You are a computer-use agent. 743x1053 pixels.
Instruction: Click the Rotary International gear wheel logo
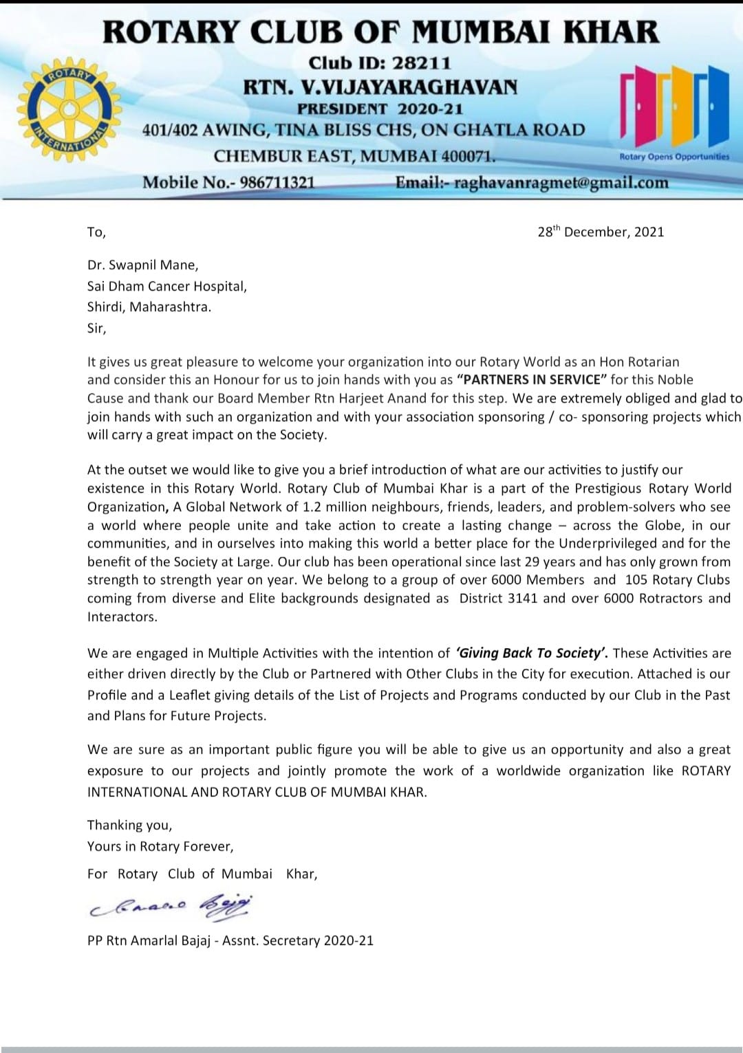(69, 110)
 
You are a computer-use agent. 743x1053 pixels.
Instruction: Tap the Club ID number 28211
(422, 63)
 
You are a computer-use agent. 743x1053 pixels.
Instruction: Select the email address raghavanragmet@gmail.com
(561, 183)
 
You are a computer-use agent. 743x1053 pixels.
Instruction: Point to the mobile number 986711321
(277, 183)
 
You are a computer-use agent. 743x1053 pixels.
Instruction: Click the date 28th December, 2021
(601, 232)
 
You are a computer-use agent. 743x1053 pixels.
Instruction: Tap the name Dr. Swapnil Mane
(142, 265)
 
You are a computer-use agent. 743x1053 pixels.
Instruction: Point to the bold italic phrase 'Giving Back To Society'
(531, 653)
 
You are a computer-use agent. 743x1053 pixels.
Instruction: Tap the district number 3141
(522, 598)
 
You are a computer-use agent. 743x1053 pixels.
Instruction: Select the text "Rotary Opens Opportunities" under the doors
(674, 157)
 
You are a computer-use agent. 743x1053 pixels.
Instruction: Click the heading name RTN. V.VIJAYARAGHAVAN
(380, 87)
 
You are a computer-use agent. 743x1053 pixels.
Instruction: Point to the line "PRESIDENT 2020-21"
(380, 109)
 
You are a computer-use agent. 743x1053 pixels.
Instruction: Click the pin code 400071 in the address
(467, 156)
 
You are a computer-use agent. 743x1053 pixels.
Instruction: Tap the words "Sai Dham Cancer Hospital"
(166, 286)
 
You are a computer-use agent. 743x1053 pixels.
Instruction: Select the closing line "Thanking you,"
(129, 825)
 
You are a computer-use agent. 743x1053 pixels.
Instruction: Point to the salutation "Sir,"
(97, 328)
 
